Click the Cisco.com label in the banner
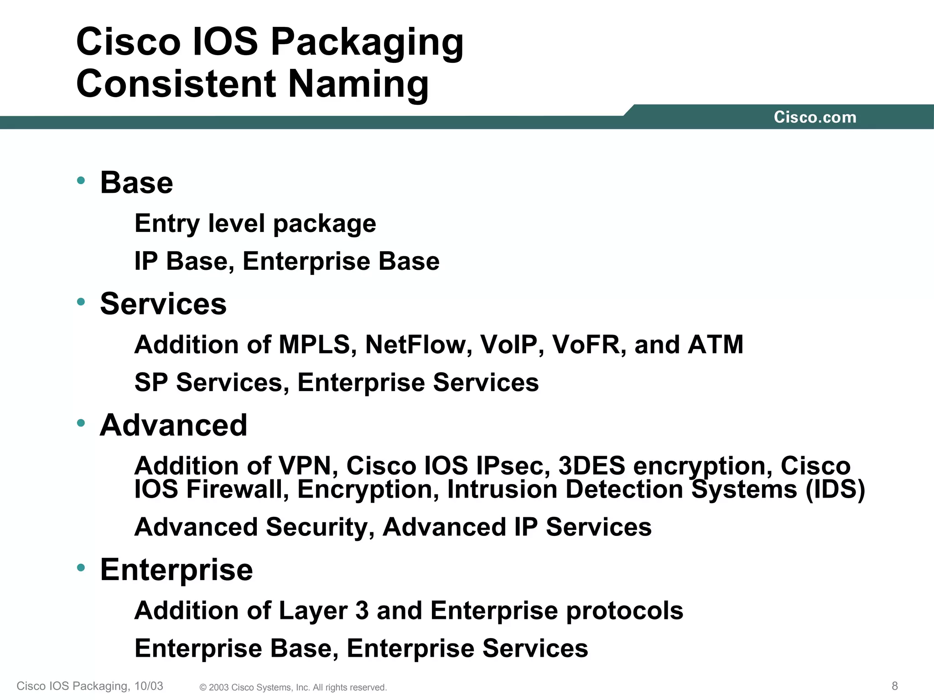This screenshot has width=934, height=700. [x=815, y=117]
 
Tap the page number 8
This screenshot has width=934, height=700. [x=895, y=686]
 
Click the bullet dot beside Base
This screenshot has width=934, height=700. [x=81, y=180]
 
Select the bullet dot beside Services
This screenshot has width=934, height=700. [x=81, y=302]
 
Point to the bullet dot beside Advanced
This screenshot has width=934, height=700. [x=81, y=423]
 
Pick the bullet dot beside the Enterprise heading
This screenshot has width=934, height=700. [x=81, y=567]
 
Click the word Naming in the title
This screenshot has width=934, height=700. [x=358, y=84]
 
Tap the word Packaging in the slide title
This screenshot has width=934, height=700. [x=367, y=42]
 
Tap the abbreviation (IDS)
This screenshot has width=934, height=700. [x=835, y=489]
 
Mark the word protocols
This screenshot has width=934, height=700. [x=624, y=611]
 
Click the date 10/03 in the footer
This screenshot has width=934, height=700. [x=149, y=686]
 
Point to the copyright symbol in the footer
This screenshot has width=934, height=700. [x=203, y=688]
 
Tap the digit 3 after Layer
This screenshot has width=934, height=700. [x=362, y=611]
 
